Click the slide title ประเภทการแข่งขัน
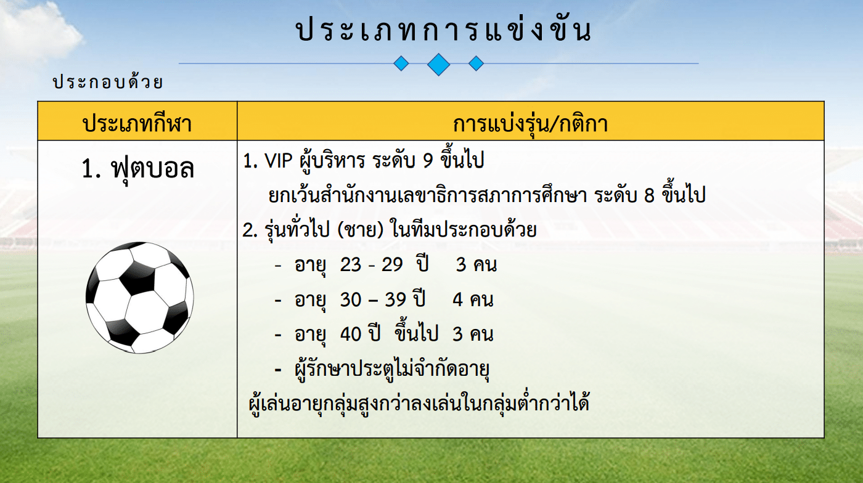coord(443,29)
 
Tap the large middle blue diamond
coord(438,64)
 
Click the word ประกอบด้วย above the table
coord(108,81)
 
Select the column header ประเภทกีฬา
coord(137,124)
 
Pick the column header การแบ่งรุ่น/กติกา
coord(530,123)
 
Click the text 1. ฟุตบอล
coord(137,169)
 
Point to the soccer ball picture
coord(139,298)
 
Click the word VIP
coord(278,161)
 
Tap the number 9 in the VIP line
coord(428,161)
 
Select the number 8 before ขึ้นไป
coord(650,195)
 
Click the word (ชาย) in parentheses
coord(361,230)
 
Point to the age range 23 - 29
coord(371,265)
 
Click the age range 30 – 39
coord(373,299)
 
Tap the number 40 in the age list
coord(350,334)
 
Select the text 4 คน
coord(473,299)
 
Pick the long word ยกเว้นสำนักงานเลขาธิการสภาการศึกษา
coord(428,195)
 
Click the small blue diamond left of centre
coord(401,63)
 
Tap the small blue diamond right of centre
coord(476,63)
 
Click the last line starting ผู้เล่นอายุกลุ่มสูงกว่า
coord(419,403)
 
